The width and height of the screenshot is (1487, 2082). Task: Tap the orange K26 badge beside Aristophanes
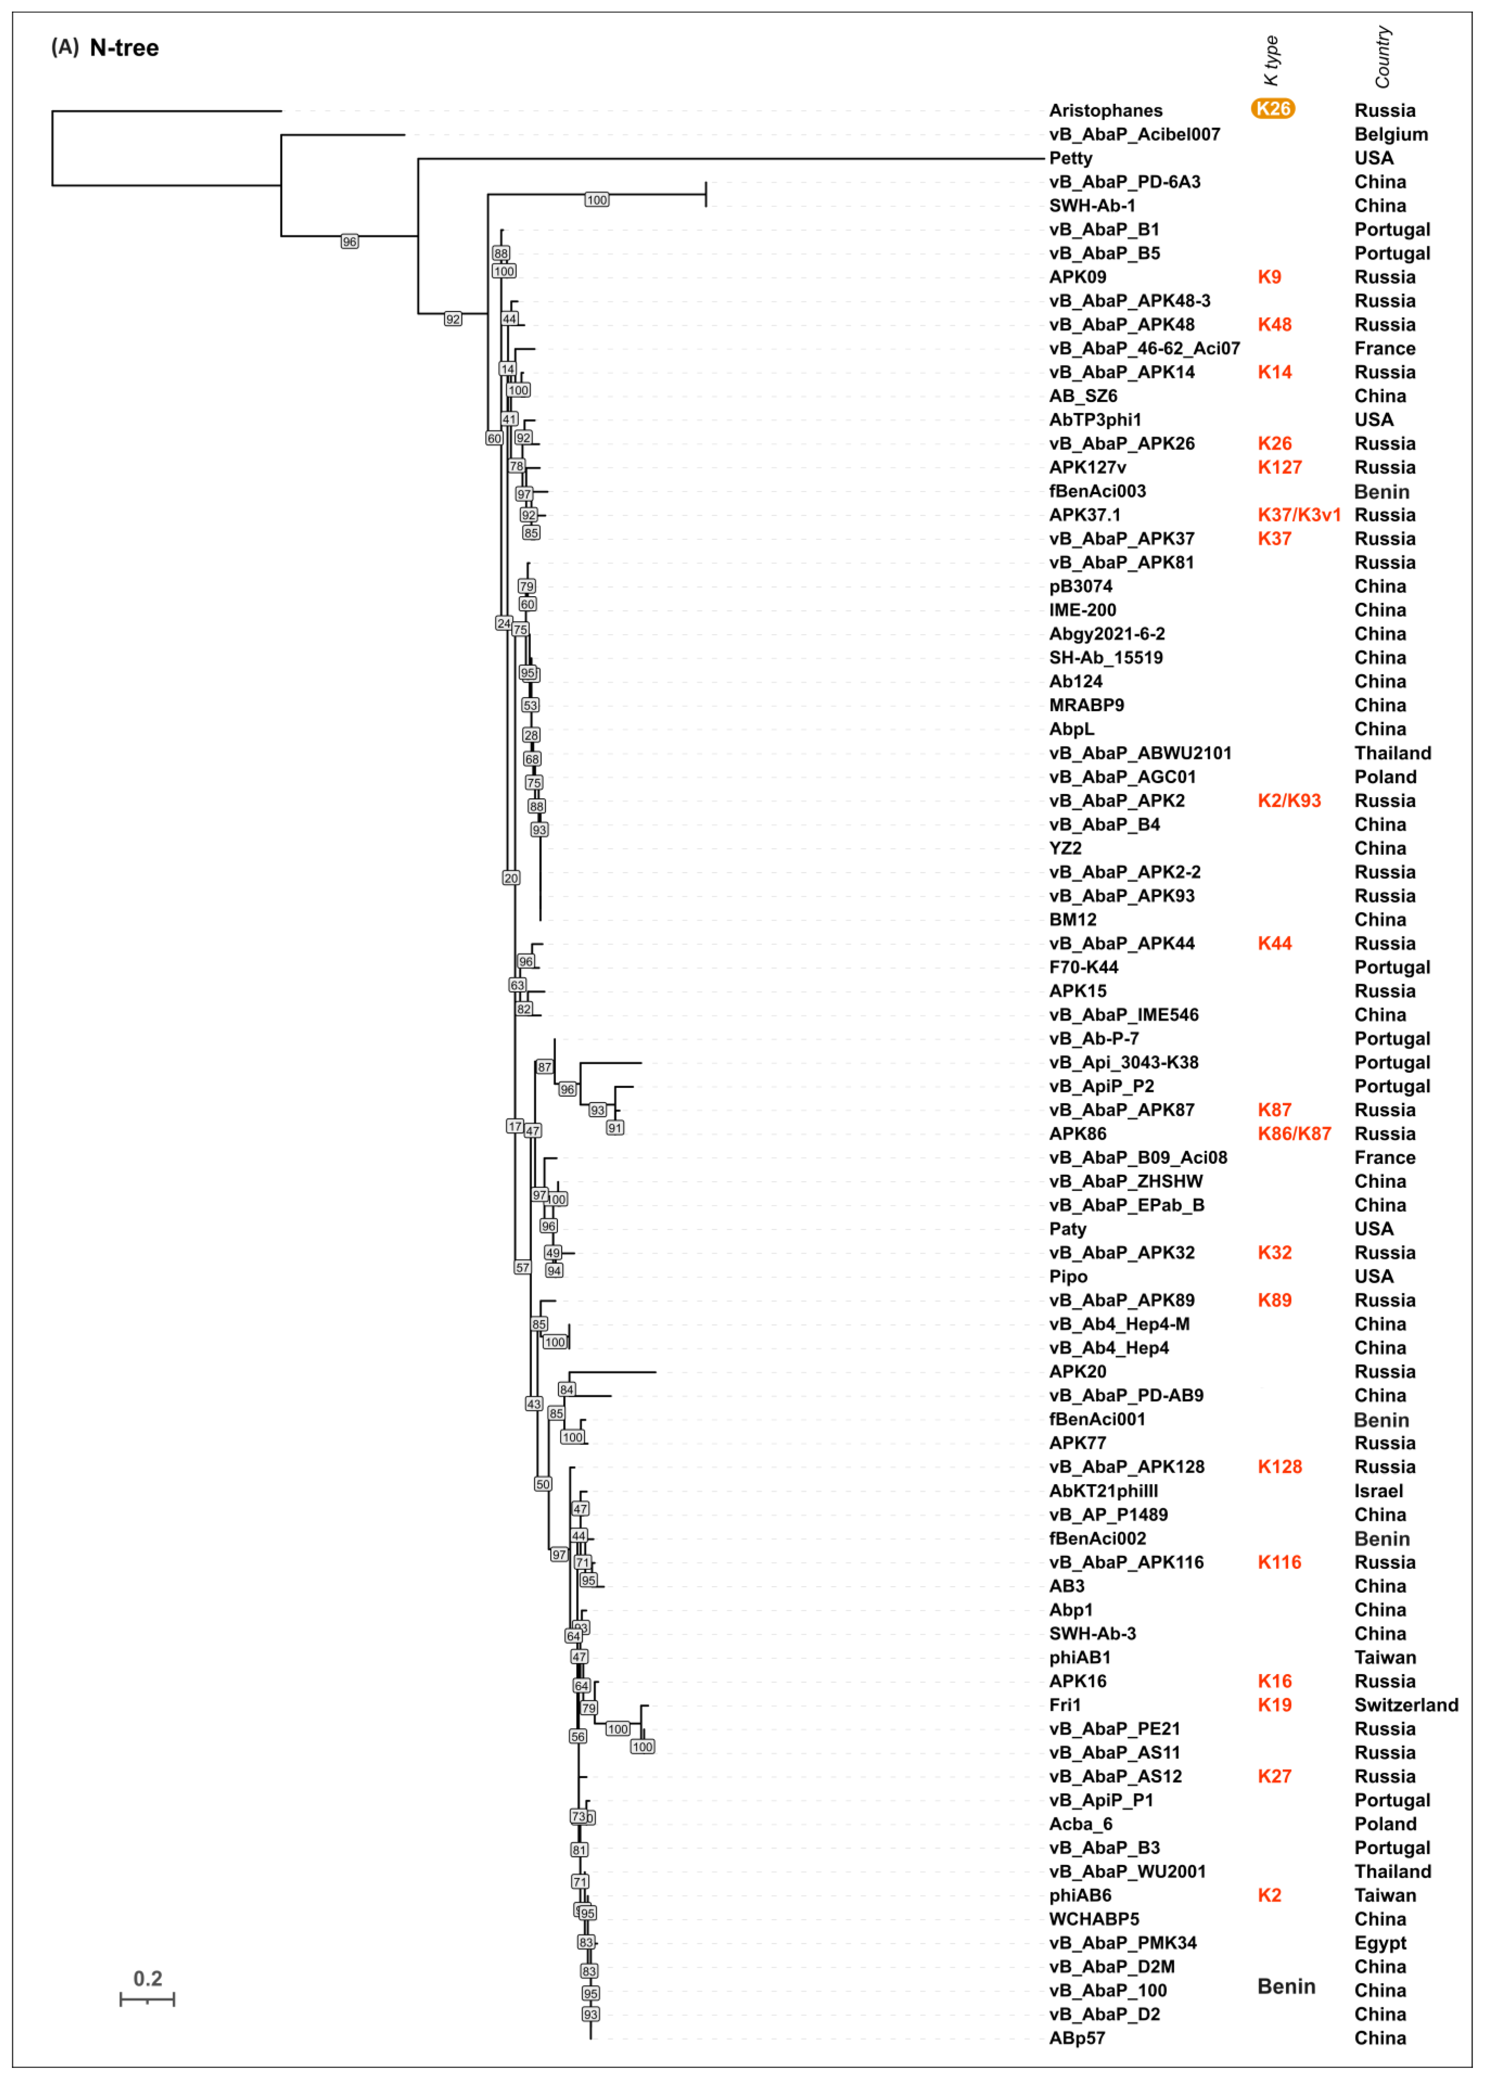pyautogui.click(x=1273, y=109)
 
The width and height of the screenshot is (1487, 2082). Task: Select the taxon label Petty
pyautogui.click(x=1071, y=158)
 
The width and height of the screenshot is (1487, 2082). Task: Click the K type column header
pyautogui.click(x=1271, y=60)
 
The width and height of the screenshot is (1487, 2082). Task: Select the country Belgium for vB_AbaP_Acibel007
pyautogui.click(x=1391, y=134)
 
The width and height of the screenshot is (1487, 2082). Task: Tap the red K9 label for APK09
pyautogui.click(x=1269, y=277)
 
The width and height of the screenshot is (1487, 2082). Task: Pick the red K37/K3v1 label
pyautogui.click(x=1298, y=515)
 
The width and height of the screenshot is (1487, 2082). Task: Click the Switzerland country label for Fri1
pyautogui.click(x=1406, y=1705)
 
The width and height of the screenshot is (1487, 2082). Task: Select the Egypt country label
pyautogui.click(x=1380, y=1943)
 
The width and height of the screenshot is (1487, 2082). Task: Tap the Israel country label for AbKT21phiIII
pyautogui.click(x=1378, y=1491)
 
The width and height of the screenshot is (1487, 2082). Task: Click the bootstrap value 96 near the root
pyautogui.click(x=349, y=242)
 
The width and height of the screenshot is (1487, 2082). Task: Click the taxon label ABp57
pyautogui.click(x=1077, y=2038)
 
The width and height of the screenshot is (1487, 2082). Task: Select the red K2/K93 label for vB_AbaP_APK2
pyautogui.click(x=1288, y=801)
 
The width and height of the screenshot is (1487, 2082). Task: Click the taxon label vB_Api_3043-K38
pyautogui.click(x=1124, y=1063)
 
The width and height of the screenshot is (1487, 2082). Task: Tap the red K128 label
pyautogui.click(x=1279, y=1467)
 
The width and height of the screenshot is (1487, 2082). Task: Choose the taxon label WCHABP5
pyautogui.click(x=1093, y=1919)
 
